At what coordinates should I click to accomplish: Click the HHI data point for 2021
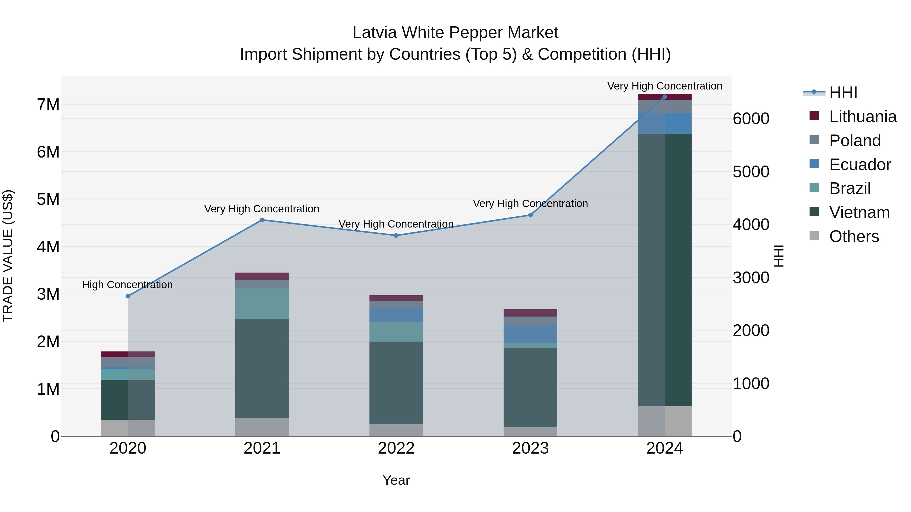[x=262, y=220]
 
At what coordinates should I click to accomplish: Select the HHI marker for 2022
[x=396, y=235]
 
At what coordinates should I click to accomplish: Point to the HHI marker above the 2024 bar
[x=665, y=97]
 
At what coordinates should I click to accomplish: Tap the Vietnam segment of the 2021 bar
[x=262, y=368]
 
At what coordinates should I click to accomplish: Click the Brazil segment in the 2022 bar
[x=396, y=332]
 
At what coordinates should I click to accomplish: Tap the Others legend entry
[x=854, y=236]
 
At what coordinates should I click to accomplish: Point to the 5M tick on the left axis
[x=48, y=199]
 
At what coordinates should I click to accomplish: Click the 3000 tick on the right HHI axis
[x=751, y=278]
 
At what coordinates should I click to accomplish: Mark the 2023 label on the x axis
[x=530, y=448]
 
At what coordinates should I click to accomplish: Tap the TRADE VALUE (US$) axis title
[x=8, y=256]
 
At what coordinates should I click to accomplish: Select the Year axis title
[x=396, y=480]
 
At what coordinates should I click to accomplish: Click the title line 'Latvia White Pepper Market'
[x=455, y=33]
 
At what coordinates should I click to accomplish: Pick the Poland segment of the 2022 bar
[x=396, y=304]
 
